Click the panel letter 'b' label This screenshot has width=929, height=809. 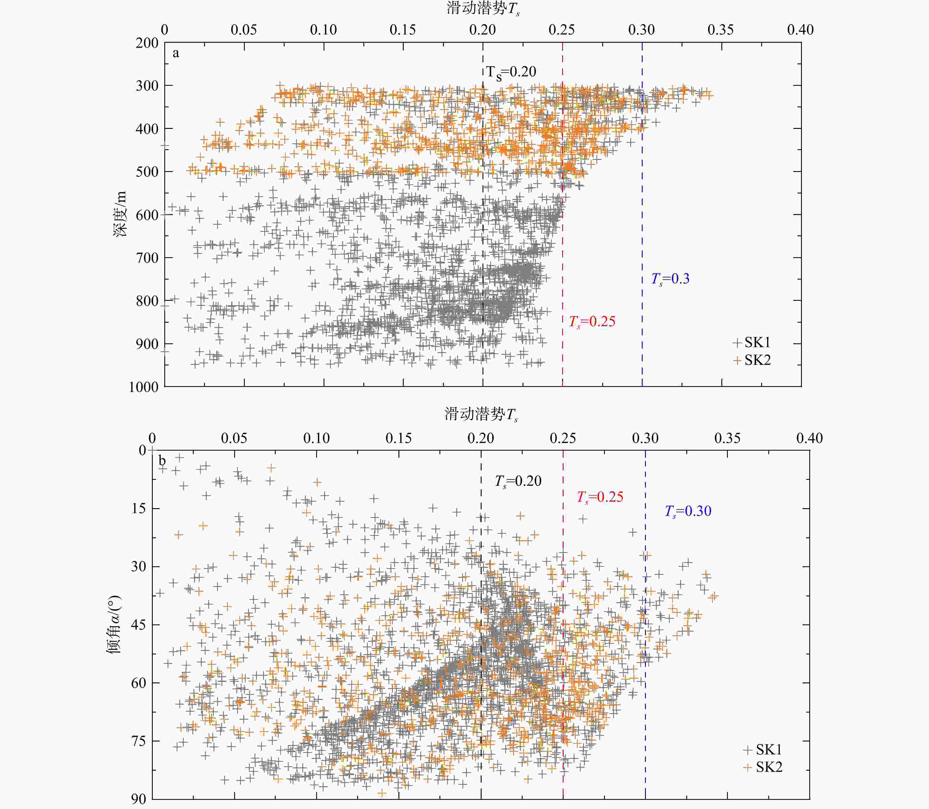[x=162, y=461]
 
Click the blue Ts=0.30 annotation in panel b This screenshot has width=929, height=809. [x=687, y=511]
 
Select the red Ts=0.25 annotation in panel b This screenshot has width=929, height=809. [x=600, y=497]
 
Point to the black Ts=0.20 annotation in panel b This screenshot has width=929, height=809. [x=518, y=481]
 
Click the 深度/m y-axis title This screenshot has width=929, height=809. [x=120, y=214]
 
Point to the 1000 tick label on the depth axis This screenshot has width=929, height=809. [x=144, y=387]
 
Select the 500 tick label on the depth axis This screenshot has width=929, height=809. [x=147, y=172]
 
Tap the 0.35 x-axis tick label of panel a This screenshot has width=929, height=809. [x=720, y=30]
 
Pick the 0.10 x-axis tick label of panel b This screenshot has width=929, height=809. [x=316, y=438]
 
